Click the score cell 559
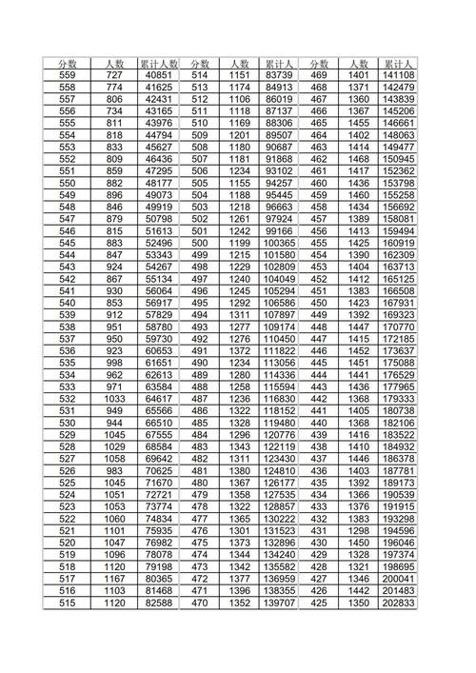[67, 74]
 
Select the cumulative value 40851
[158, 74]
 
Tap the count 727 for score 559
[114, 74]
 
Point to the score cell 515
[67, 604]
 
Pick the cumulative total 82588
[158, 604]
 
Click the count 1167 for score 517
[114, 579]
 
